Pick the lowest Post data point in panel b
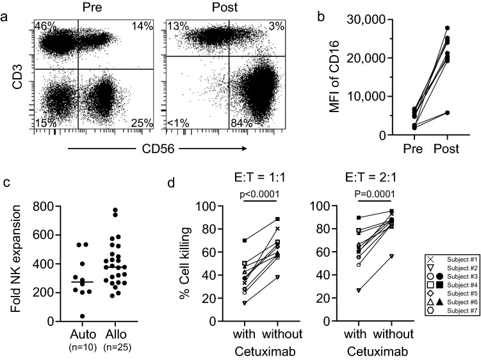click(x=447, y=113)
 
